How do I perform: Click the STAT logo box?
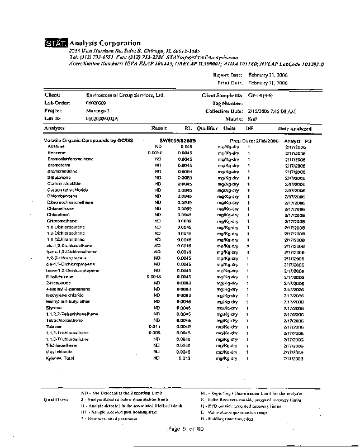[56, 44]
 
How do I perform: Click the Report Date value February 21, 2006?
[268, 74]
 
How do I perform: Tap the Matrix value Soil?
[252, 118]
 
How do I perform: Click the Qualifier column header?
[207, 129]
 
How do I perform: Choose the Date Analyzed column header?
[295, 129]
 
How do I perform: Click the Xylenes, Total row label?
[61, 358]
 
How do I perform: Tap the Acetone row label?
[56, 146]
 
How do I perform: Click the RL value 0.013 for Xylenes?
[185, 358]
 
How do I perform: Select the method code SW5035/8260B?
[177, 140]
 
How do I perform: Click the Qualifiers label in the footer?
[56, 400]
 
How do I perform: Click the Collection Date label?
[224, 111]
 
